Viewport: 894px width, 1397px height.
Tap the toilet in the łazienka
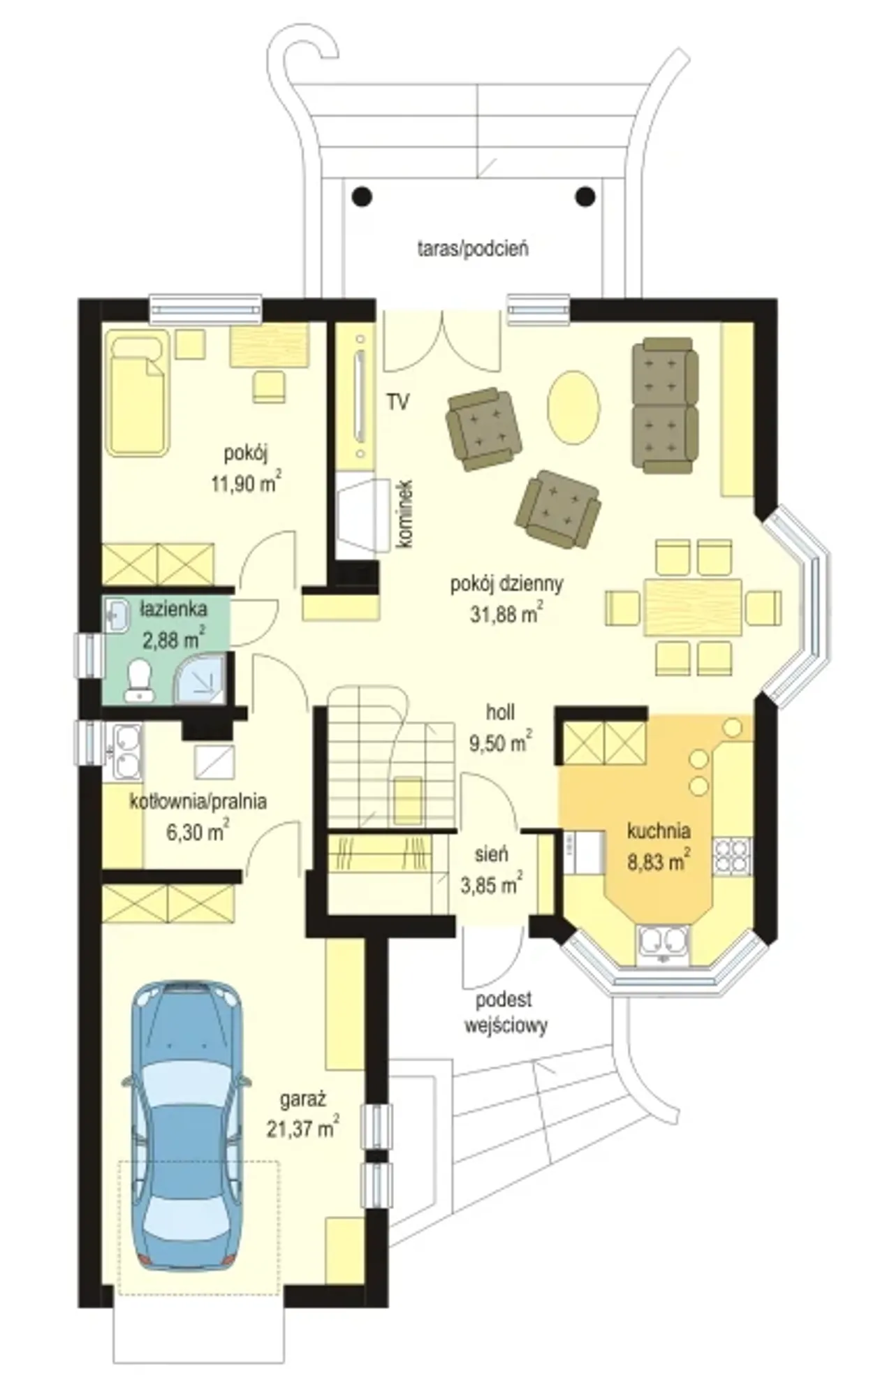[x=139, y=680]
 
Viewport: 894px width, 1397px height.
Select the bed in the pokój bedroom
[x=138, y=393]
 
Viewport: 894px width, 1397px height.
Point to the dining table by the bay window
[x=693, y=606]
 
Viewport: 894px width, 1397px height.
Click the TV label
[x=398, y=402]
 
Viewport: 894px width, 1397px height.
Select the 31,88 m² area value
[x=506, y=613]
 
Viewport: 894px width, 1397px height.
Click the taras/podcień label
[x=473, y=248]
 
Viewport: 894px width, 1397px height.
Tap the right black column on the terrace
[x=585, y=197]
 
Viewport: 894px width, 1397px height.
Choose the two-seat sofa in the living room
[x=665, y=405]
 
